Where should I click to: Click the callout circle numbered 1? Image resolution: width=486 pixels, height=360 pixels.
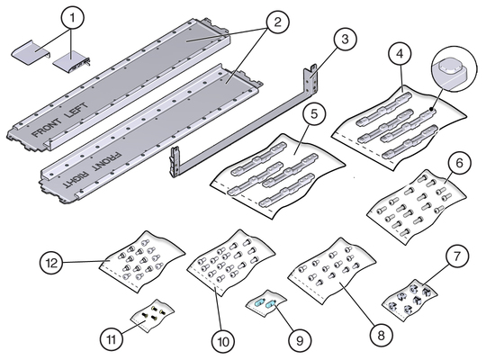coord(73,18)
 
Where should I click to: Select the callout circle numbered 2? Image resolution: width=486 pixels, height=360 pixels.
coord(277,22)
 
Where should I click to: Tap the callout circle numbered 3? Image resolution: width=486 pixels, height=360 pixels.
coord(345,40)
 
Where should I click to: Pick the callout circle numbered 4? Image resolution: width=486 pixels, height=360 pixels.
coord(400,54)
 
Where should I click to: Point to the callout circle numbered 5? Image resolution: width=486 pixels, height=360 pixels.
coord(314,113)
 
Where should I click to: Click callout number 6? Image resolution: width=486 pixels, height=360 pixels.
coord(459,163)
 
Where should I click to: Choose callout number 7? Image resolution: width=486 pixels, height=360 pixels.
coord(457,256)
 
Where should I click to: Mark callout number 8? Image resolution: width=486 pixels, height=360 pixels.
coord(382,335)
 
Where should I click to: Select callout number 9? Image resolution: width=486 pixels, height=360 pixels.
coord(300,340)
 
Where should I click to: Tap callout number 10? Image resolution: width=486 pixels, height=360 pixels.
coord(223,341)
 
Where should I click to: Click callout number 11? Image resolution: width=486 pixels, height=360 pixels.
coord(112,339)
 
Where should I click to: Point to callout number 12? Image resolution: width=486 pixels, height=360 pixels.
coord(52,263)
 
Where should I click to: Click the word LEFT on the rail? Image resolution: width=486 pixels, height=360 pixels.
coord(76,111)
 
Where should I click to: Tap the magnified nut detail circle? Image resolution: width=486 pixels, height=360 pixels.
coord(454,68)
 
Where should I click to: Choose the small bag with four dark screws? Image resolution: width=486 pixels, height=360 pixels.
coord(152,315)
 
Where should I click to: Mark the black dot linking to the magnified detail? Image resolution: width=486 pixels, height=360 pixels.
coord(431,109)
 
